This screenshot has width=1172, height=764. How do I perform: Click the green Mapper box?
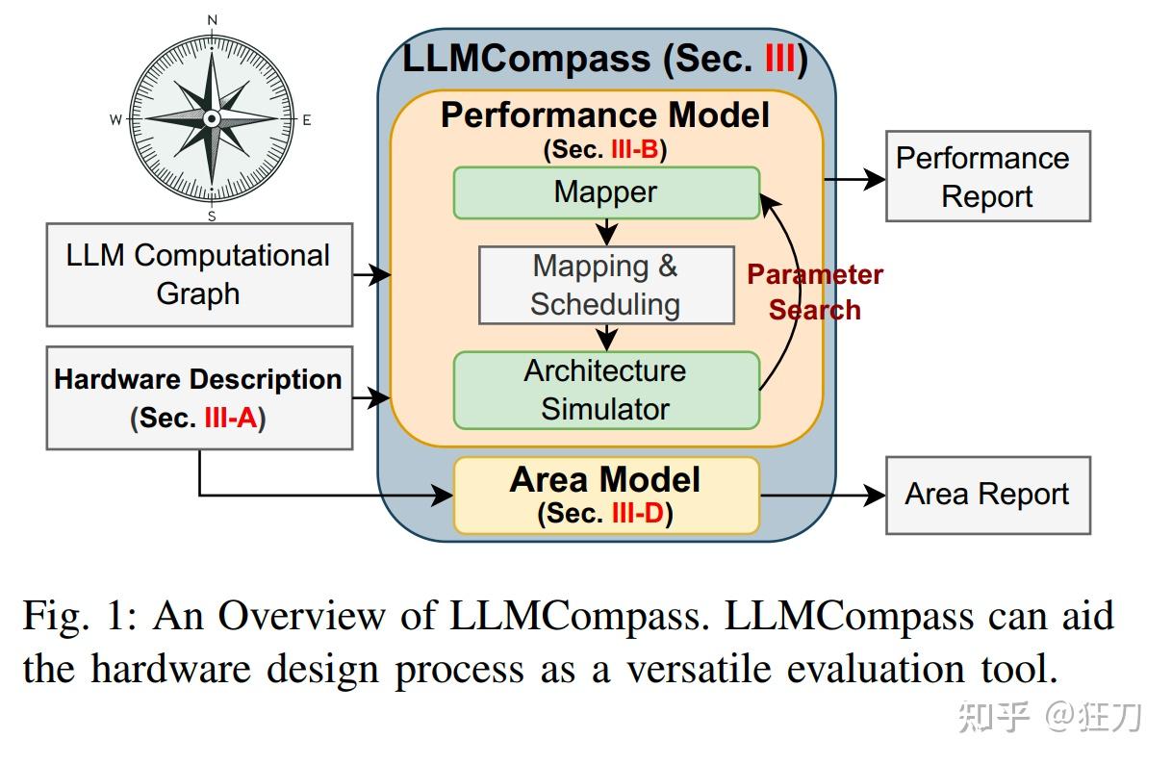pyautogui.click(x=606, y=192)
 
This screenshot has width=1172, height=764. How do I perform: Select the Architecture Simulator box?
pyautogui.click(x=606, y=390)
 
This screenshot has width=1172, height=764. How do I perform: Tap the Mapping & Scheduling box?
pyautogui.click(x=606, y=285)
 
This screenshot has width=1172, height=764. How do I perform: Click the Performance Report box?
pyautogui.click(x=986, y=177)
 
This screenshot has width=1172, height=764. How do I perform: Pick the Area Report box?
pyautogui.click(x=986, y=495)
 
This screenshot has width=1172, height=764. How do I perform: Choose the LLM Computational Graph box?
pyautogui.click(x=198, y=274)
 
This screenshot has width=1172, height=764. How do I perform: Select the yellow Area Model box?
pyautogui.click(x=606, y=495)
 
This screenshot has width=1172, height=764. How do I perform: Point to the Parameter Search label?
pyautogui.click(x=815, y=292)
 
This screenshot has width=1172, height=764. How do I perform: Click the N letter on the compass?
pyautogui.click(x=213, y=19)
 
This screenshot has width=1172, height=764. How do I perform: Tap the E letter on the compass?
pyautogui.click(x=307, y=120)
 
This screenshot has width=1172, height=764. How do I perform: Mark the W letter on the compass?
pyautogui.click(x=115, y=120)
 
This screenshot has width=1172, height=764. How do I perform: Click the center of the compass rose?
pyautogui.click(x=213, y=117)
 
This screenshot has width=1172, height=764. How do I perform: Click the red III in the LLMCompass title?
pyautogui.click(x=780, y=60)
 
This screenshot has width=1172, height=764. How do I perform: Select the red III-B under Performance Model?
pyautogui.click(x=634, y=150)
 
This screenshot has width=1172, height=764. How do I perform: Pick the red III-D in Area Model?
pyautogui.click(x=637, y=514)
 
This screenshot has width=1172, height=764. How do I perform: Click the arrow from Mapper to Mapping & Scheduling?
pyautogui.click(x=606, y=233)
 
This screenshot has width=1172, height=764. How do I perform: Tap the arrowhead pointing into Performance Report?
pyautogui.click(x=876, y=178)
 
